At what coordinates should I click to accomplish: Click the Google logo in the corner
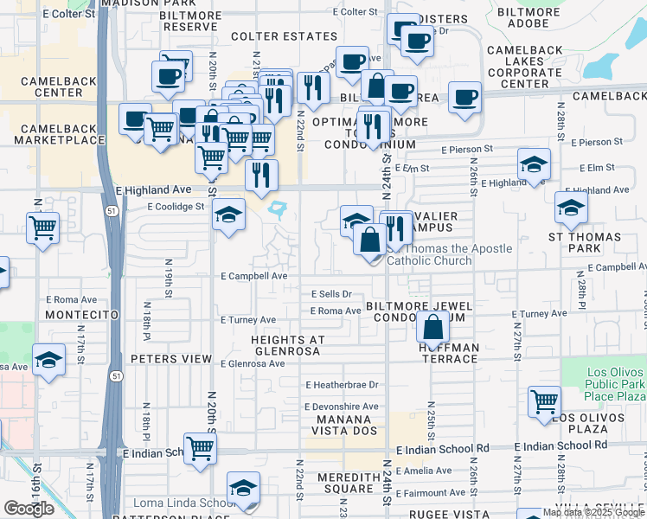[28, 508]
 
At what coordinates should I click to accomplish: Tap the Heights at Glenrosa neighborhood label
[286, 345]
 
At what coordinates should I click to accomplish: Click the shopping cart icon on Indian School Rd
[200, 448]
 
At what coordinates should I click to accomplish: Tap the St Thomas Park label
[585, 242]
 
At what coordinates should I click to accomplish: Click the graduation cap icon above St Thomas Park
[571, 208]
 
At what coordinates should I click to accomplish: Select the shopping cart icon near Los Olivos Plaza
[545, 400]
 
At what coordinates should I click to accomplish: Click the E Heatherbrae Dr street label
[342, 385]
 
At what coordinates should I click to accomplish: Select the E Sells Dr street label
[331, 294]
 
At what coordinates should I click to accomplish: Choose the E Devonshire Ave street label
[341, 407]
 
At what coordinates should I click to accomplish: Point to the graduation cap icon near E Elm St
[535, 163]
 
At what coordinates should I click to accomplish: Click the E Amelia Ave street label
[424, 471]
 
